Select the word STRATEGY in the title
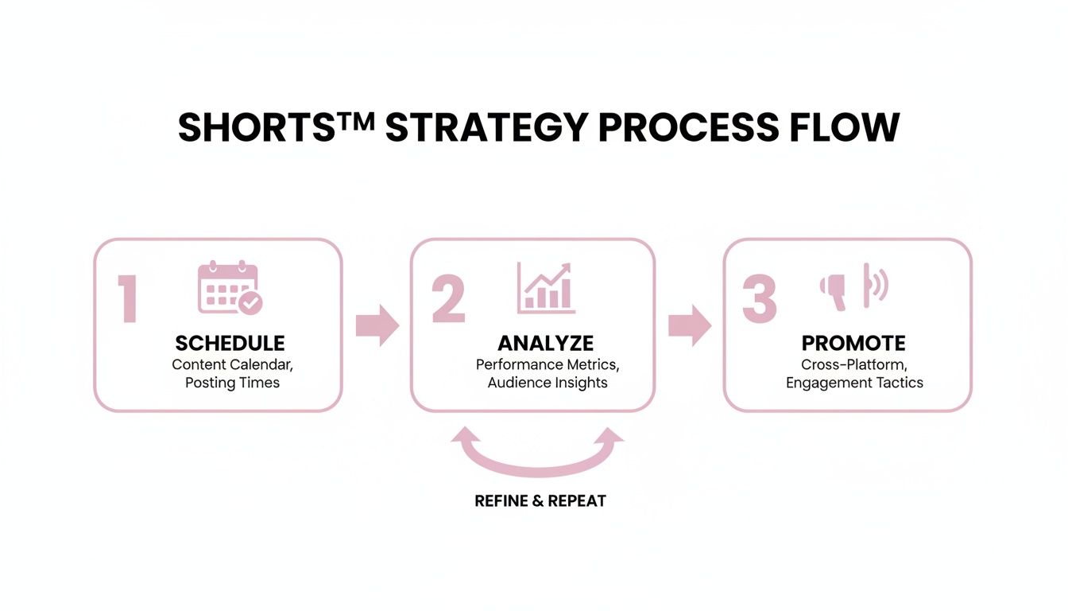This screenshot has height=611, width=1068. [x=486, y=128]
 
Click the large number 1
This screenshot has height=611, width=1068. [x=128, y=300]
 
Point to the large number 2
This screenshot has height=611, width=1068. [x=448, y=300]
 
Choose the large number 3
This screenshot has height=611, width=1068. [x=759, y=300]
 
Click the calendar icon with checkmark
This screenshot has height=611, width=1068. [x=230, y=288]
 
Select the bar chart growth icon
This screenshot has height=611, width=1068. [x=547, y=287]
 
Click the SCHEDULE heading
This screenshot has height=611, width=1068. [x=230, y=344]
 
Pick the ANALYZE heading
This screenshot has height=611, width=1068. [x=545, y=343]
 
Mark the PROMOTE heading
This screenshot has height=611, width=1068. [x=853, y=344]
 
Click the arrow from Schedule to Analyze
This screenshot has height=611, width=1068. [x=377, y=325]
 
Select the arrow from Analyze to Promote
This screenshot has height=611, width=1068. [x=689, y=325]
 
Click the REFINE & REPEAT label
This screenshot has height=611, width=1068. [x=540, y=501]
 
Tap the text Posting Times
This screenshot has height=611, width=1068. [x=232, y=383]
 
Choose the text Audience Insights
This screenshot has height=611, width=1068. [x=547, y=383]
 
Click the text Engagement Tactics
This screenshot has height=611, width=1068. [x=854, y=383]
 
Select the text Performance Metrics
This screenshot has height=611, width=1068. [x=547, y=364]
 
